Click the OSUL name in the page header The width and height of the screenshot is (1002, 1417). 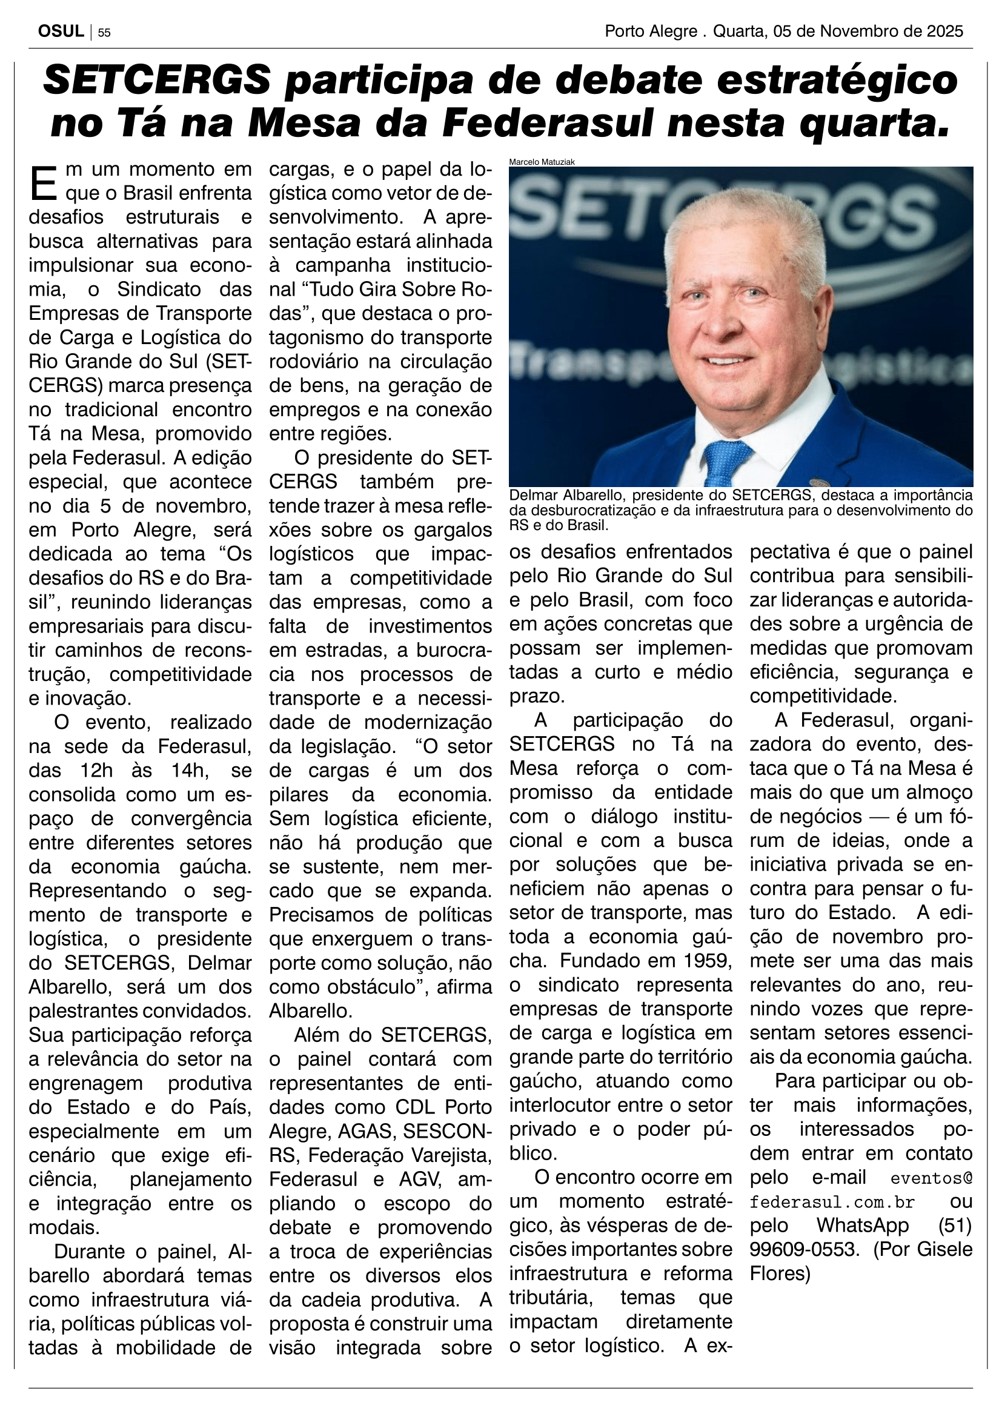tap(61, 32)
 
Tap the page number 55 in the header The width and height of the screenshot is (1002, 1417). tap(104, 33)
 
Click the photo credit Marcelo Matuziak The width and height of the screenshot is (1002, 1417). tap(542, 162)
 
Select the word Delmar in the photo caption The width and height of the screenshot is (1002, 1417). tap(534, 495)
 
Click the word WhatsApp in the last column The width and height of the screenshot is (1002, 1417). tap(863, 1225)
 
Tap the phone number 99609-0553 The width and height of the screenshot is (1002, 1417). tap(804, 1249)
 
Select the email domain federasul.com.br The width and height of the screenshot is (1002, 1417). tap(832, 1202)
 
